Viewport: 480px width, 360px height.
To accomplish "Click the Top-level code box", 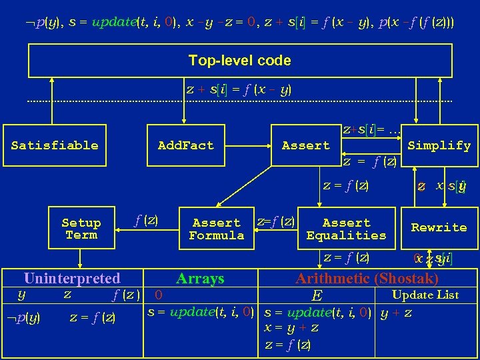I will click(239, 61).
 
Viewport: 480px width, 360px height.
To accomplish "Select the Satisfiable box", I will click(55, 145).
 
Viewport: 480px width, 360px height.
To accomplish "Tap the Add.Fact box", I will click(185, 145).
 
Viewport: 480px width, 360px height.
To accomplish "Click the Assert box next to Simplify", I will click(305, 145).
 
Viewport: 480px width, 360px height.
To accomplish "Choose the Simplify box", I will click(439, 145).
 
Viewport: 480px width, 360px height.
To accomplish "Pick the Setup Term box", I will click(81, 229).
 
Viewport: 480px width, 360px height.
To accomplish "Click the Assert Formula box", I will click(216, 229).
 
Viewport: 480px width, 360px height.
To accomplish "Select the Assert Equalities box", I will click(346, 229).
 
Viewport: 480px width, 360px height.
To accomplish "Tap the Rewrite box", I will click(439, 227).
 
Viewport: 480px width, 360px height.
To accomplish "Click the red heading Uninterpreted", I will click(72, 279).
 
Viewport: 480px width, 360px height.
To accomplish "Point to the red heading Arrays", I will click(200, 279).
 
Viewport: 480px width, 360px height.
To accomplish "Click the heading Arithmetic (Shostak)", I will click(367, 279).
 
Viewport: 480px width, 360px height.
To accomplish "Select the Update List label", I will click(425, 295).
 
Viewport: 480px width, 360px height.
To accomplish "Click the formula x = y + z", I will click(291, 328).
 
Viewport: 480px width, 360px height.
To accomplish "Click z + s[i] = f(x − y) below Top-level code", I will click(239, 89).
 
